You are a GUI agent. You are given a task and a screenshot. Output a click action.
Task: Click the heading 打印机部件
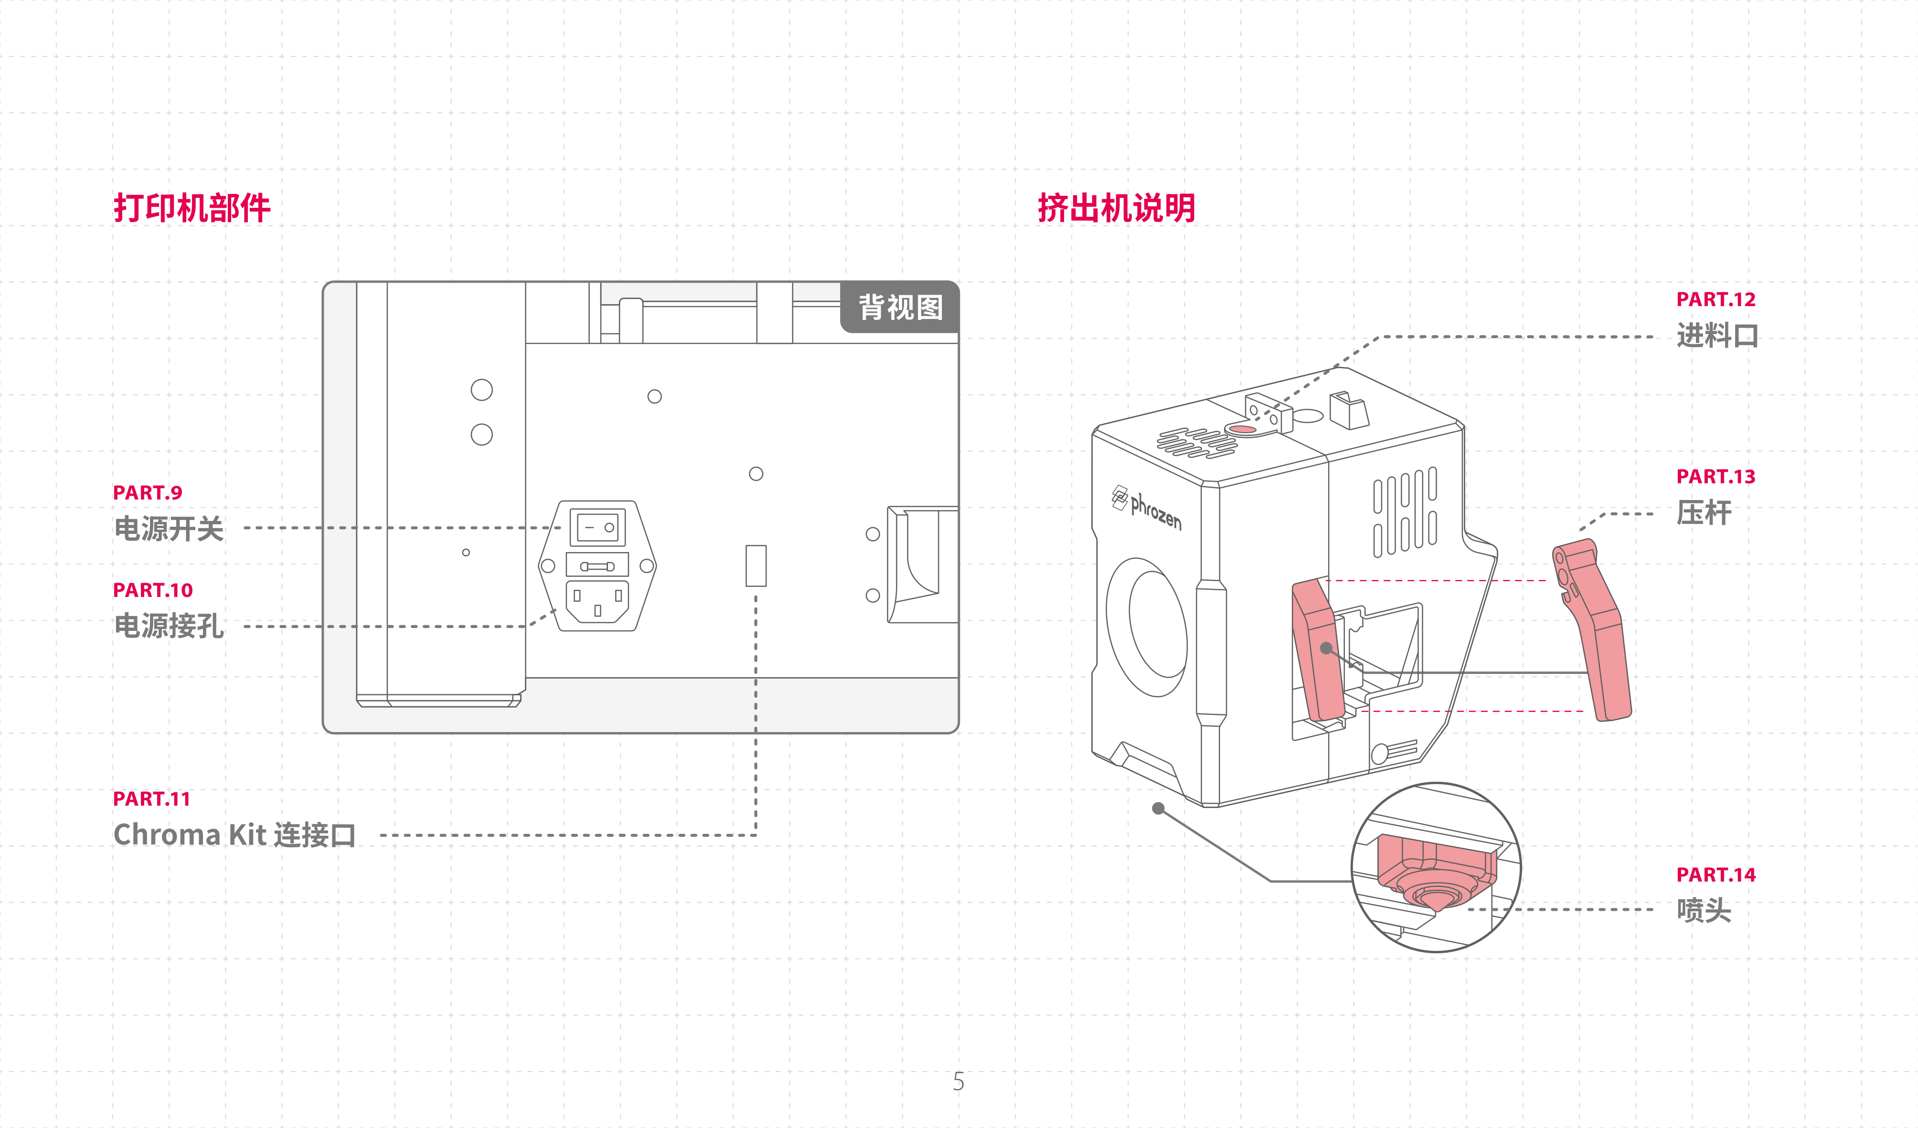[x=192, y=208]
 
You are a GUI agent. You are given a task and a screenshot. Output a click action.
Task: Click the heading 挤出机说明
[x=1117, y=208]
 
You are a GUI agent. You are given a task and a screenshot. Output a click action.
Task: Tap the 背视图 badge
[x=900, y=308]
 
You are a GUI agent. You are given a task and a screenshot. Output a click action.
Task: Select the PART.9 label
[x=148, y=492]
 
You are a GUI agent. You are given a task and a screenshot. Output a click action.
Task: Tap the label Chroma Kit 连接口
[x=234, y=835]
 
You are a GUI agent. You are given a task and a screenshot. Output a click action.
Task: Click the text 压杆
[x=1704, y=512]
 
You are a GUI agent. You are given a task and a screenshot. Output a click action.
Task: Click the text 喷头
[x=1704, y=910]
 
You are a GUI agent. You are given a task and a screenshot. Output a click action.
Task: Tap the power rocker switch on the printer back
[x=597, y=527]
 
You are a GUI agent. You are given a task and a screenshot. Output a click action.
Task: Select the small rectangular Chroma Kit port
[x=756, y=565]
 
